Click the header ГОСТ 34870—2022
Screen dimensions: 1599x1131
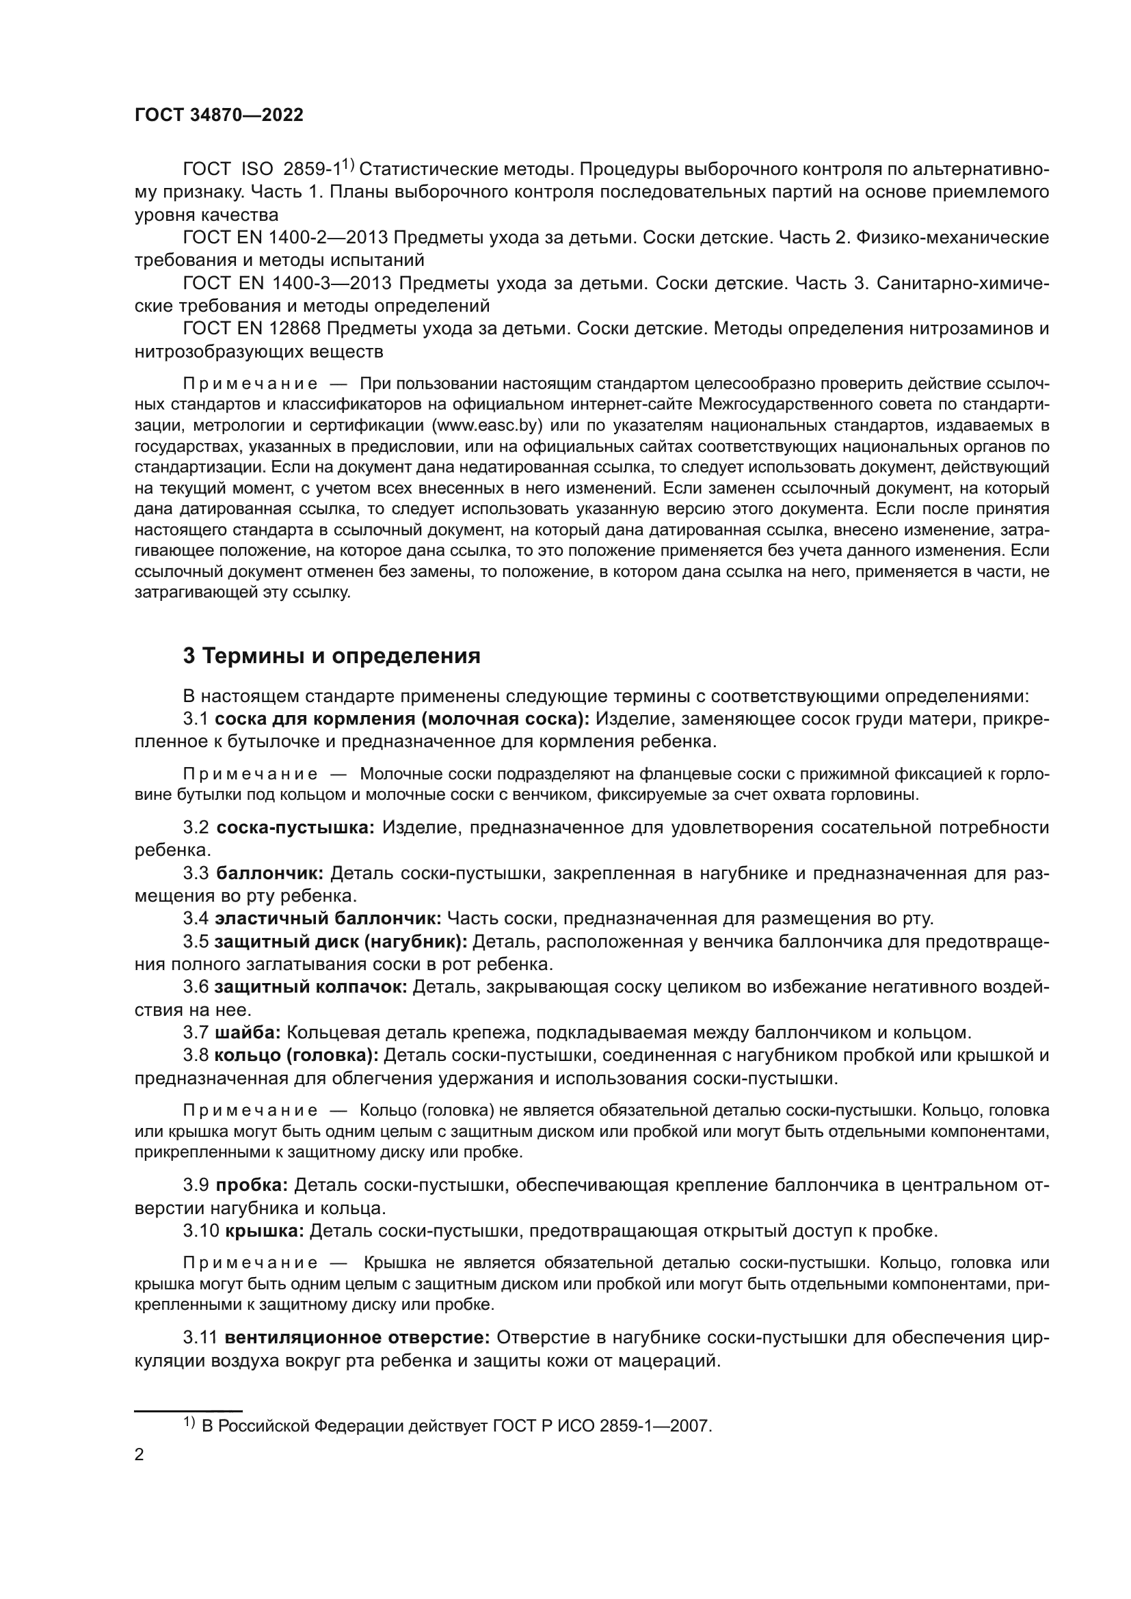coord(219,116)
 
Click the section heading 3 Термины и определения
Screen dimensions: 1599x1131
coord(332,656)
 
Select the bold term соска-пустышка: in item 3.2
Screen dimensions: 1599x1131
coord(295,827)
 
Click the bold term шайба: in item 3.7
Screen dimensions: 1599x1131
coord(248,1032)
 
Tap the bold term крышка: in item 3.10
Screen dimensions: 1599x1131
coord(265,1231)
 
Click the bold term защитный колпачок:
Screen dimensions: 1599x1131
coord(310,987)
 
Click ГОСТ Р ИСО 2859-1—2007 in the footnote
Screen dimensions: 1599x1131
coord(602,1425)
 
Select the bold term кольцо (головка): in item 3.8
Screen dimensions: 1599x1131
coord(296,1055)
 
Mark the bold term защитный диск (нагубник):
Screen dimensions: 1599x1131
coord(341,941)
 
